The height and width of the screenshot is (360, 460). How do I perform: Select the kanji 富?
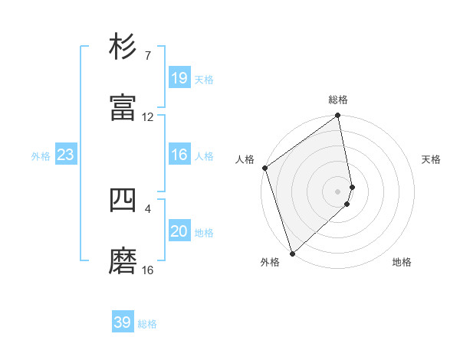click(123, 107)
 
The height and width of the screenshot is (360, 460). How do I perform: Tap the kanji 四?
click(123, 199)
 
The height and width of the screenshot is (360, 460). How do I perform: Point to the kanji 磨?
click(123, 260)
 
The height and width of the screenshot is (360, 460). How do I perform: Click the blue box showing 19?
click(179, 77)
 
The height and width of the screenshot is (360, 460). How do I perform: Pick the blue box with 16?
click(179, 155)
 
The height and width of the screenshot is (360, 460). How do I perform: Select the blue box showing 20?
click(179, 231)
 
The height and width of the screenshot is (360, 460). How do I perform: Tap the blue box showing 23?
click(65, 155)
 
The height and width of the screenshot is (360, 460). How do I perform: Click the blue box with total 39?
click(123, 322)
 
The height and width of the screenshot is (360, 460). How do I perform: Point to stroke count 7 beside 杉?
click(147, 56)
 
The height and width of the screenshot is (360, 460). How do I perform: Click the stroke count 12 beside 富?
click(148, 117)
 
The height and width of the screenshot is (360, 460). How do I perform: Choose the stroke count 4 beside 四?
click(147, 208)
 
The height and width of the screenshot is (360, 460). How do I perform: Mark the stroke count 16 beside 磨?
click(148, 270)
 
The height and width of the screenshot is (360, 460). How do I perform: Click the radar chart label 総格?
click(338, 100)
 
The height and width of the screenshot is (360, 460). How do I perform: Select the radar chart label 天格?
click(431, 159)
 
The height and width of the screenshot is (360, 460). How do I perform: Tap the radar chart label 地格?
click(402, 262)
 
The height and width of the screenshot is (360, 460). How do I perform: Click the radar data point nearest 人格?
click(264, 168)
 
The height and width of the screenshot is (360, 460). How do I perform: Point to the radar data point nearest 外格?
click(292, 253)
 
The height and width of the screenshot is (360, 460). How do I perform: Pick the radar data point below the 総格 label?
click(338, 116)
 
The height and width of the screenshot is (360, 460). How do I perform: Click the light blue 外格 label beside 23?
click(41, 155)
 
